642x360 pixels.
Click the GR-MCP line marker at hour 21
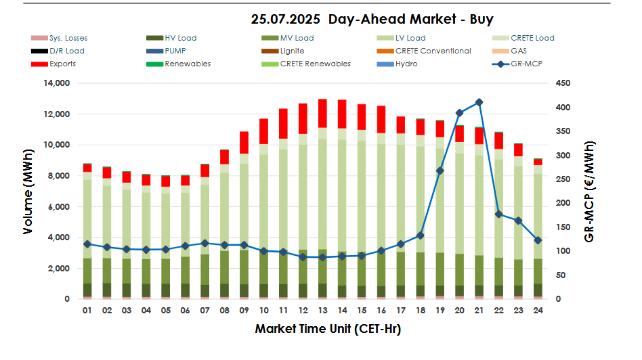point(479,102)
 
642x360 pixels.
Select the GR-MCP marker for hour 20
point(460,113)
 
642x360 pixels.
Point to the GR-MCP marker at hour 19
point(440,171)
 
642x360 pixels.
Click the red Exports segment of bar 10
point(264,131)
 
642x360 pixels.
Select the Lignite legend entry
point(292,51)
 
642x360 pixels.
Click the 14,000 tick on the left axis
point(57,83)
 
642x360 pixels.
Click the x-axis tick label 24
point(538,311)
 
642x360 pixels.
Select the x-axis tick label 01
point(87,311)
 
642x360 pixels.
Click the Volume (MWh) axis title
point(28,191)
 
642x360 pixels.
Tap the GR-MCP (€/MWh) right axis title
point(590,192)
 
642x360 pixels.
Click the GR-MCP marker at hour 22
point(499,215)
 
